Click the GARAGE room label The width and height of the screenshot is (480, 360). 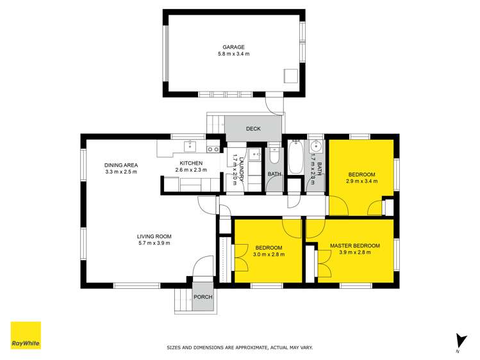point(233,47)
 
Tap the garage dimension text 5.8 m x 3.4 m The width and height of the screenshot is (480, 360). point(233,54)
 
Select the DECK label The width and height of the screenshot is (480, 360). point(253,129)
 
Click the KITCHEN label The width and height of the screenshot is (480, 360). point(191,163)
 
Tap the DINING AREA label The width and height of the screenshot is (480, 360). point(121,165)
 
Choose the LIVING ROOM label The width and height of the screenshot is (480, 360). point(154,236)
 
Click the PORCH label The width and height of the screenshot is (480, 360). point(203,297)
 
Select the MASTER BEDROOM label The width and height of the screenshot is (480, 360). point(354,246)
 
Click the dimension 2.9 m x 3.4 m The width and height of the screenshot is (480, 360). point(362,181)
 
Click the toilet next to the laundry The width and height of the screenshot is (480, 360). point(274,156)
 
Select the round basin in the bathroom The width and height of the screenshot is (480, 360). point(315,145)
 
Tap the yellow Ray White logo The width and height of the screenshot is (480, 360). point(26,335)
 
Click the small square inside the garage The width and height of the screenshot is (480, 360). point(291,76)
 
